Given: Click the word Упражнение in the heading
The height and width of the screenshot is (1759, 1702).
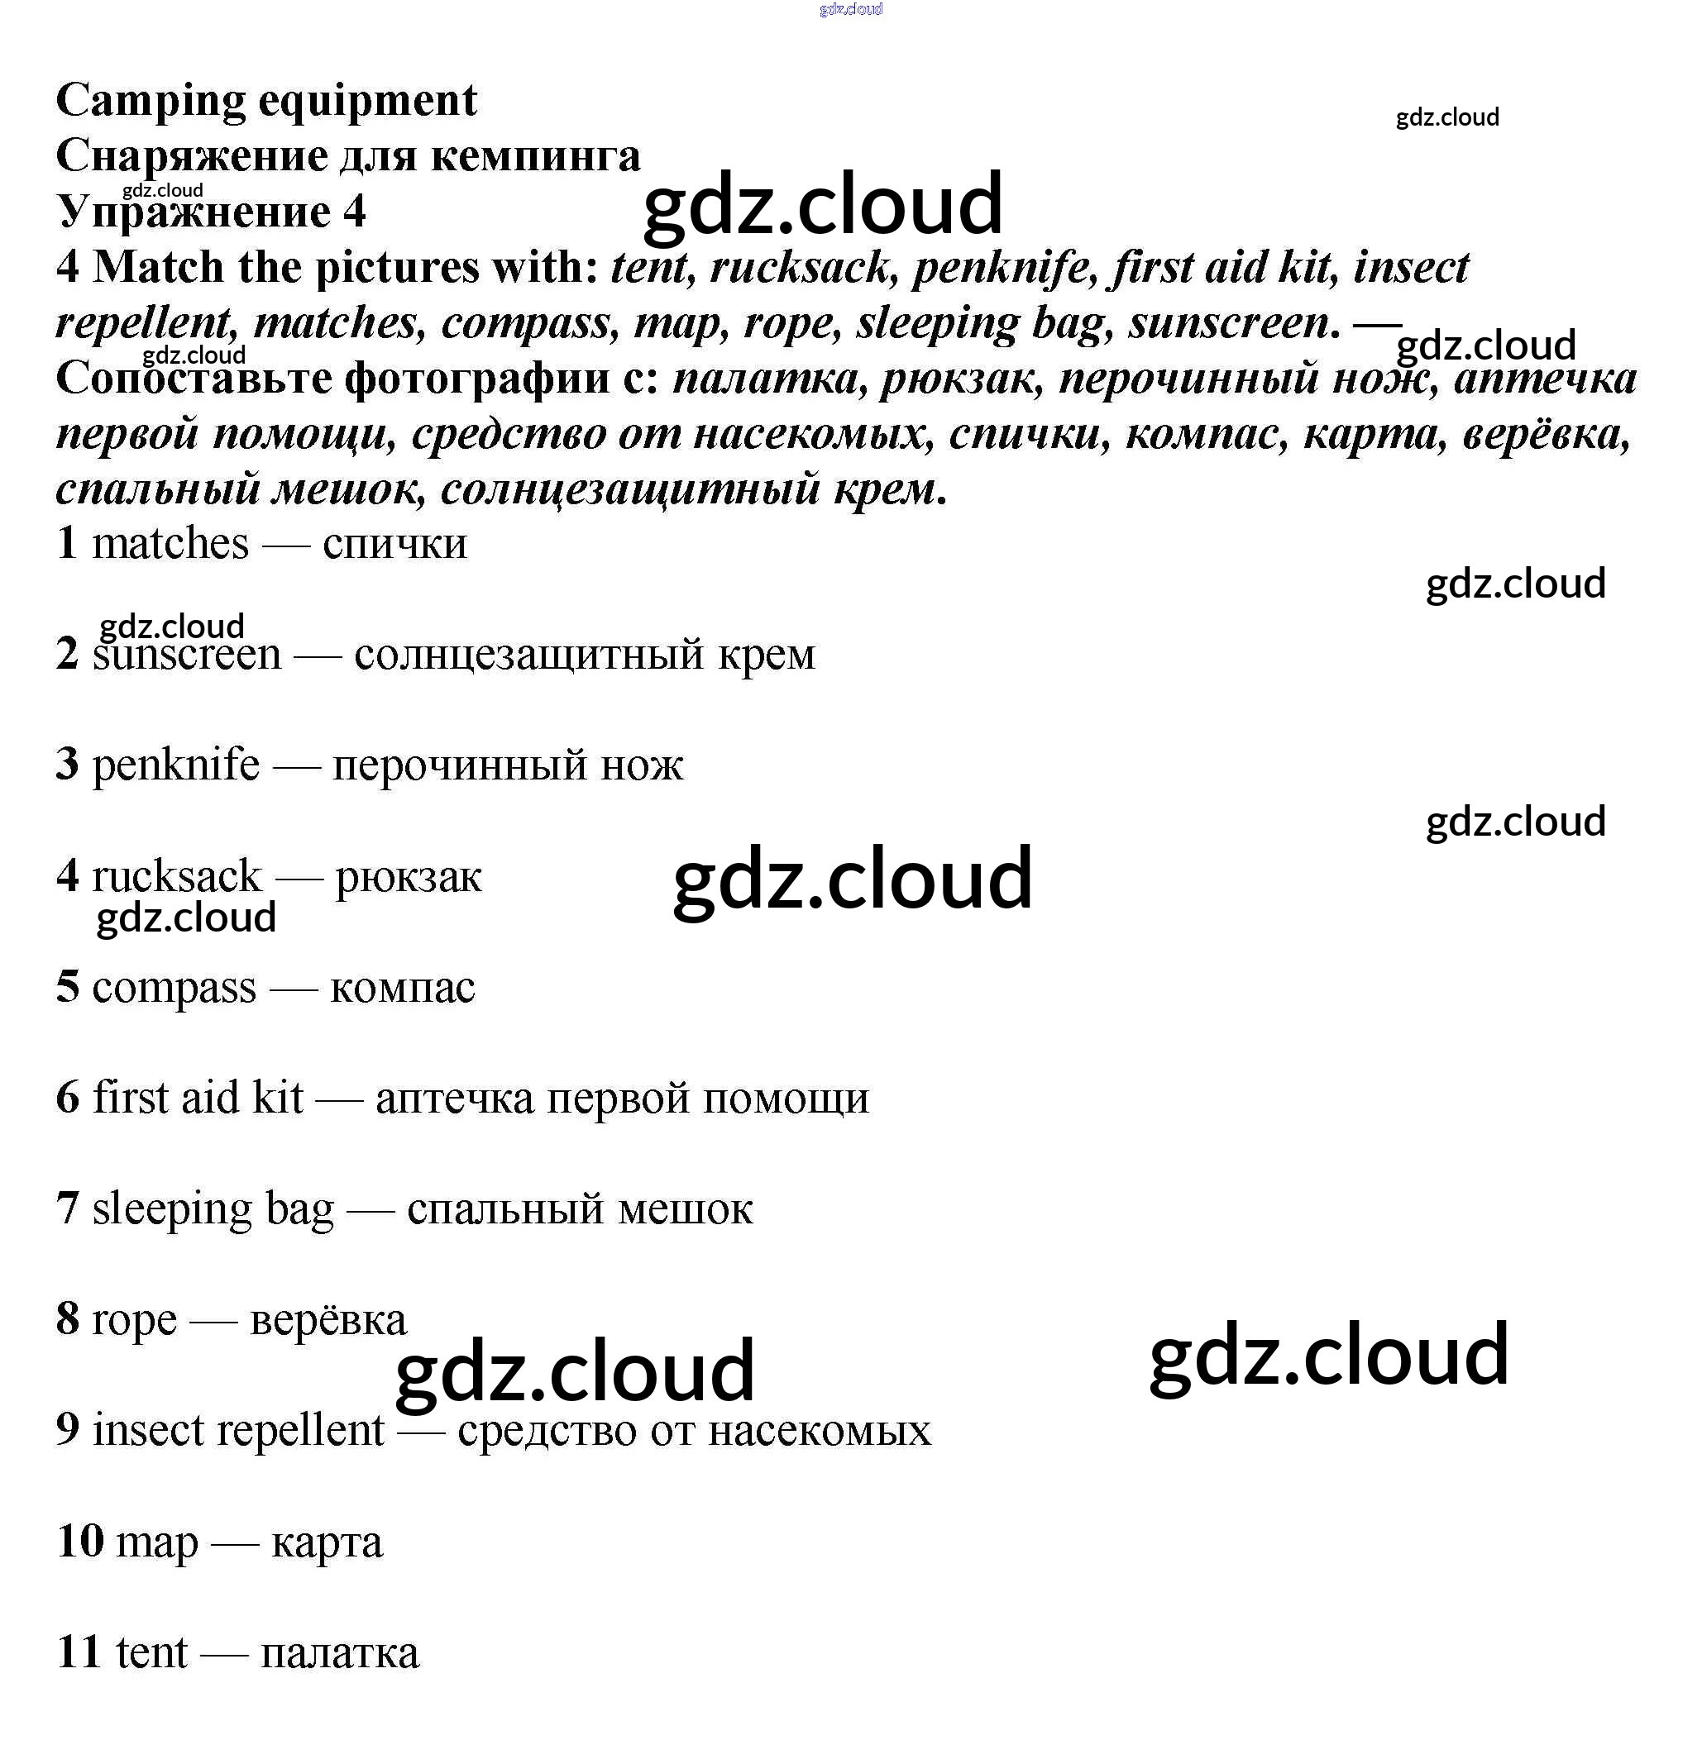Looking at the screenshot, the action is pyautogui.click(x=193, y=212).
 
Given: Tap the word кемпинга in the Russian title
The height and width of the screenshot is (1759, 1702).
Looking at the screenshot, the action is pyautogui.click(x=535, y=157).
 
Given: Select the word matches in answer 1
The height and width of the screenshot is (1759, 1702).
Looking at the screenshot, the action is pyautogui.click(x=170, y=544).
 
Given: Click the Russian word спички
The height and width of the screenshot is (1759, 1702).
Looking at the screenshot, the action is pyautogui.click(x=395, y=544).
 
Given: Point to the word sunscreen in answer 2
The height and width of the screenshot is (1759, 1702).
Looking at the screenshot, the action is pyautogui.click(x=187, y=654).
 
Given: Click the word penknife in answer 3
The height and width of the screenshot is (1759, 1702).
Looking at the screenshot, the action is pyautogui.click(x=176, y=765).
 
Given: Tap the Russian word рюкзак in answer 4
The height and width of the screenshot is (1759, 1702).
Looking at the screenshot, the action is pyautogui.click(x=409, y=877).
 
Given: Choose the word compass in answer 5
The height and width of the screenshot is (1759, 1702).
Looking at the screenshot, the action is pyautogui.click(x=175, y=988).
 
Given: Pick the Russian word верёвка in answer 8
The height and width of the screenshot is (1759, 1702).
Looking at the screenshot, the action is pyautogui.click(x=328, y=1320).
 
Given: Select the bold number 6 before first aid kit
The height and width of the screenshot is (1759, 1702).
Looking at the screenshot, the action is pyautogui.click(x=67, y=1099).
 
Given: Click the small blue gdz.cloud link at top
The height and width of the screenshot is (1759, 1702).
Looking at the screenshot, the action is pyautogui.click(x=850, y=10).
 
